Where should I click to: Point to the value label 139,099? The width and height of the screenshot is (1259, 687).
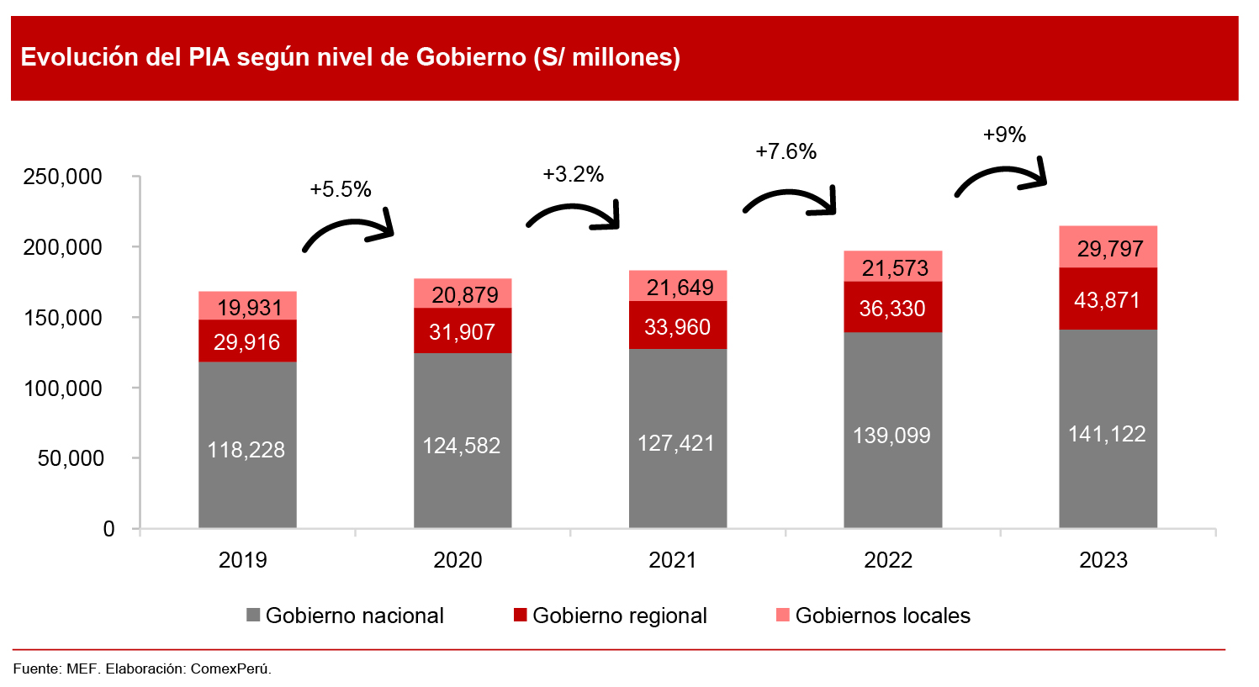pos(891,436)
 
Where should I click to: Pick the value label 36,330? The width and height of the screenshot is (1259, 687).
pos(892,309)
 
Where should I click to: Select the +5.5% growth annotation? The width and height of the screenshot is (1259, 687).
pos(341,189)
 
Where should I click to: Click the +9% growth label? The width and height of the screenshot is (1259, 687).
pos(1004,135)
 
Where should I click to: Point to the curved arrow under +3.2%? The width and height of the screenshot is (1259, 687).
pos(574,215)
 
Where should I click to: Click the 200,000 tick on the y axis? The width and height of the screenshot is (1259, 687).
pos(63,247)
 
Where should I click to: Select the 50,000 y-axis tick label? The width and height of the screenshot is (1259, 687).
pos(71,458)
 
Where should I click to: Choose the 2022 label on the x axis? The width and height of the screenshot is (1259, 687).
pos(888,560)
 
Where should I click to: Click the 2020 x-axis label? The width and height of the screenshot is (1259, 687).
pos(458,560)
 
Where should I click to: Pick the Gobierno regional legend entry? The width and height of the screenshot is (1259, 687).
pos(619,616)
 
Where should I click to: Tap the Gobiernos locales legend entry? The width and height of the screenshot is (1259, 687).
pos(882,616)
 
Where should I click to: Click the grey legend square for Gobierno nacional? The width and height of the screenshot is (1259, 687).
pos(253,616)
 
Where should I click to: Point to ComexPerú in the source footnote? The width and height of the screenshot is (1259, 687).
pos(230,669)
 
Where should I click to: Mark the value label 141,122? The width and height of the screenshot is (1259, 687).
pos(1107,434)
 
